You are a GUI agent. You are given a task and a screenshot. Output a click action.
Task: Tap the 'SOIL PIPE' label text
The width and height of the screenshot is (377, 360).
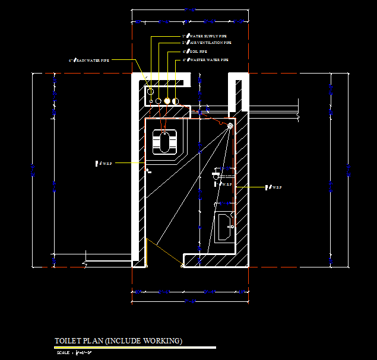coord(198,52)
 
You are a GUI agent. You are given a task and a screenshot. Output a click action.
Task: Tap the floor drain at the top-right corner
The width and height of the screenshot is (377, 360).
coord(230,126)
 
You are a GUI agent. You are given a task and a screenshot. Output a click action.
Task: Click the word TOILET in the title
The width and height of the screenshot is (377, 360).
coord(67,341)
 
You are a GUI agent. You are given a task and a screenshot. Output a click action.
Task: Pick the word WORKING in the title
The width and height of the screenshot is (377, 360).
coord(164,341)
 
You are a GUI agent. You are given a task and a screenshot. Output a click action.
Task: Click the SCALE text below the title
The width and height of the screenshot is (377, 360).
coord(62,353)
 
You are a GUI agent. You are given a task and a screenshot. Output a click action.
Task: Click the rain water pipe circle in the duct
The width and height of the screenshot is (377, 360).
coord(150,92)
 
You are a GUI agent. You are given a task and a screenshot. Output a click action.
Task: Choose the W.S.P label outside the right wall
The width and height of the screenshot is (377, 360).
coord(274,187)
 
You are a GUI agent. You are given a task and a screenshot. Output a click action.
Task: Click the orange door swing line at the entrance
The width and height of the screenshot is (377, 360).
coord(164,253)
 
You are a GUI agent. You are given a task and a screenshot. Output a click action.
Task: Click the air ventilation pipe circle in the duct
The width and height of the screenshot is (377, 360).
coord(159,101)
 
